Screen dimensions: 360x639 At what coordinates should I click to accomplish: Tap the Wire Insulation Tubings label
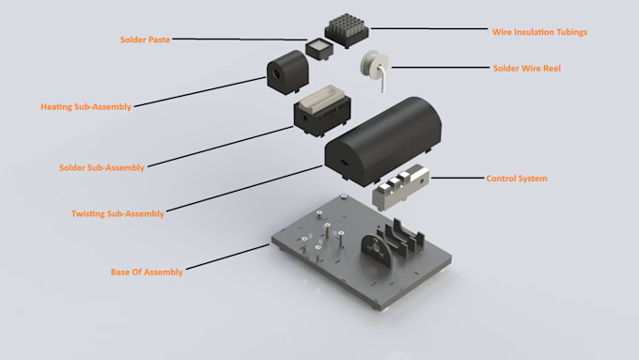540,31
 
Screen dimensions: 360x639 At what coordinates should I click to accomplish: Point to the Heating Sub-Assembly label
86,106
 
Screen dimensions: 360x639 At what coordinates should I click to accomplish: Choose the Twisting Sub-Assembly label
117,213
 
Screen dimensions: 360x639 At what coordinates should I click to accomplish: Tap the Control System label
516,178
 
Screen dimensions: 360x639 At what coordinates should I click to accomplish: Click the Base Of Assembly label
147,272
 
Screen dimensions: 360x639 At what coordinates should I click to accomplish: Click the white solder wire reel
377,67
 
